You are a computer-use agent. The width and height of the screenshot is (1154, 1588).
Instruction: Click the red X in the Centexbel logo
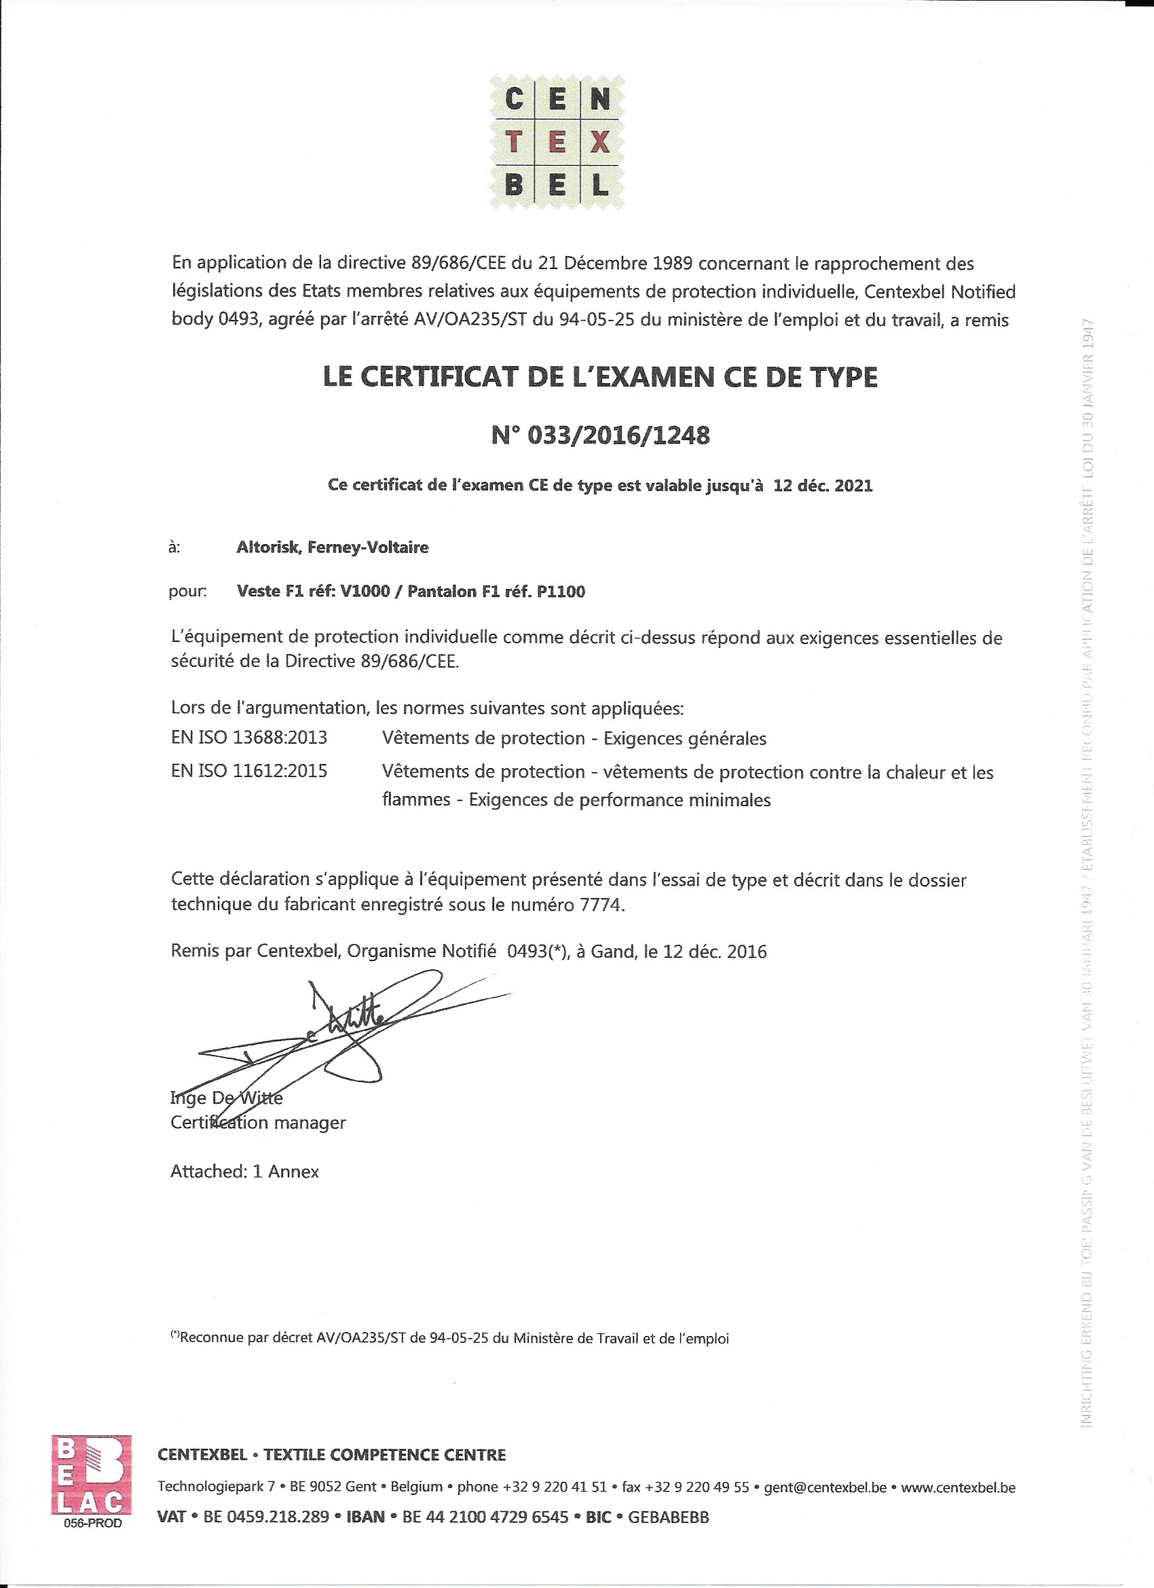pyautogui.click(x=600, y=143)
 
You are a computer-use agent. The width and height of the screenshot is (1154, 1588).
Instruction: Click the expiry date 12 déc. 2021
pyautogui.click(x=823, y=486)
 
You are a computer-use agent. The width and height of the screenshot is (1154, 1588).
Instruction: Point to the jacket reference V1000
pyautogui.click(x=365, y=592)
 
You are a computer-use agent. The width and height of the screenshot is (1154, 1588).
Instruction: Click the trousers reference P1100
pyautogui.click(x=561, y=592)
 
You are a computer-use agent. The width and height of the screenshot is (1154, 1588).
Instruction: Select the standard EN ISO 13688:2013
pyautogui.click(x=249, y=738)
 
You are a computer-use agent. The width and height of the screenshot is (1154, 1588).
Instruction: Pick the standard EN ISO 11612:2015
pyautogui.click(x=249, y=772)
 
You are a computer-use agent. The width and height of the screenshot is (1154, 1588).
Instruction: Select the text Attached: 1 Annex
pyautogui.click(x=244, y=1172)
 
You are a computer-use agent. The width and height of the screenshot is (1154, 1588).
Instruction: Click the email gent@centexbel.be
pyautogui.click(x=825, y=1487)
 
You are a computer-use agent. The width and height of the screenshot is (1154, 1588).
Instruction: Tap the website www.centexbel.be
pyautogui.click(x=958, y=1487)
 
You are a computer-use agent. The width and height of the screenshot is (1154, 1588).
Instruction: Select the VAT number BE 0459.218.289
pyautogui.click(x=266, y=1517)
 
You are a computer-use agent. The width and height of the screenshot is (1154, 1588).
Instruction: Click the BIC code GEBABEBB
pyautogui.click(x=669, y=1517)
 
